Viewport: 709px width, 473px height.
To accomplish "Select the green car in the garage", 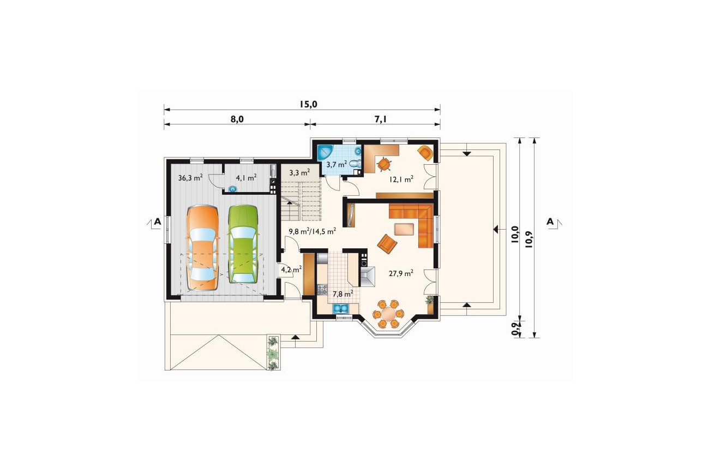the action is [243, 244].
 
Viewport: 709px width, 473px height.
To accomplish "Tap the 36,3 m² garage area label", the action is [190, 178].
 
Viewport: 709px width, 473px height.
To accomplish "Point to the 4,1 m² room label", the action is [246, 178].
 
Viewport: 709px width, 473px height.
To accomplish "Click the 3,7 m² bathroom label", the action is [337, 164].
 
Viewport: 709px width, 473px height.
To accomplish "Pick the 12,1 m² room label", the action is [401, 179].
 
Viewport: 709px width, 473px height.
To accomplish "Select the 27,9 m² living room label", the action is [401, 273].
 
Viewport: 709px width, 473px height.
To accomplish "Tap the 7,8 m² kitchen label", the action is [343, 294].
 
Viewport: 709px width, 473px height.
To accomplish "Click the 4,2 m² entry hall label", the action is [291, 270].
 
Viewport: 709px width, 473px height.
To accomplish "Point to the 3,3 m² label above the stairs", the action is [299, 172].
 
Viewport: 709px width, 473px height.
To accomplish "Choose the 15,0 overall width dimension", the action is [308, 104].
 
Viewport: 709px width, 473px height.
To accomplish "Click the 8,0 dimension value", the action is [237, 119].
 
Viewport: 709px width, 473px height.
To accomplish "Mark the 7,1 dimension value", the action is [381, 119].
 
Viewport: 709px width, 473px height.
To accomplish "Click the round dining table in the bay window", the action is [388, 314].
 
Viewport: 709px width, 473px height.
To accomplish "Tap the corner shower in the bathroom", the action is [325, 153].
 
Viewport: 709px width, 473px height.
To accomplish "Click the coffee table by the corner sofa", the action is [404, 229].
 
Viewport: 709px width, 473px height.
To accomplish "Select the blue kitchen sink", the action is [340, 308].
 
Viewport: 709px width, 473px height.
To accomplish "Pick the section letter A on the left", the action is [157, 221].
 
